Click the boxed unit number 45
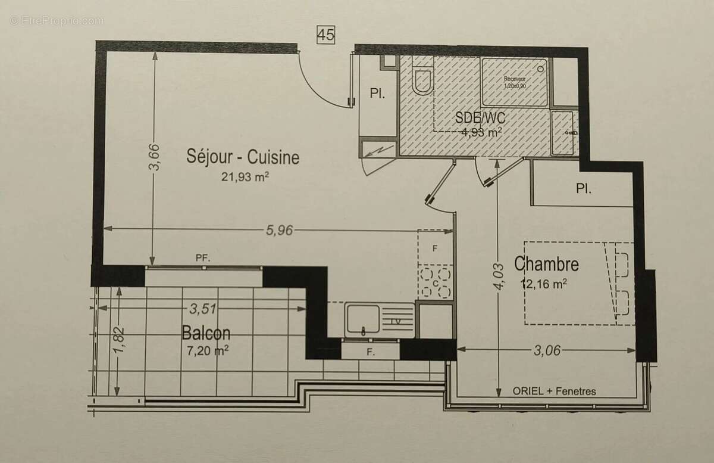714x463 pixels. pos(325,35)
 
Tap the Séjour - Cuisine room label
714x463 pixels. pos(243,158)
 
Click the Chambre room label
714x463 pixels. pos(546,263)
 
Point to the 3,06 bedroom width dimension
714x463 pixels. pos(547,350)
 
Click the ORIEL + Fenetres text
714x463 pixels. pos(554,391)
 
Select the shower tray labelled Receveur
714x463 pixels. pos(515,82)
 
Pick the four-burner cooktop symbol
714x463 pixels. pos(435,282)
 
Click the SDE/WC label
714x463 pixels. pos(480,118)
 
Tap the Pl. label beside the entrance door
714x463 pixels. pos(377,94)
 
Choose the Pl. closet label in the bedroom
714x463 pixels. pos(583,189)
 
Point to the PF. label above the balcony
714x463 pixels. pos(203,258)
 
